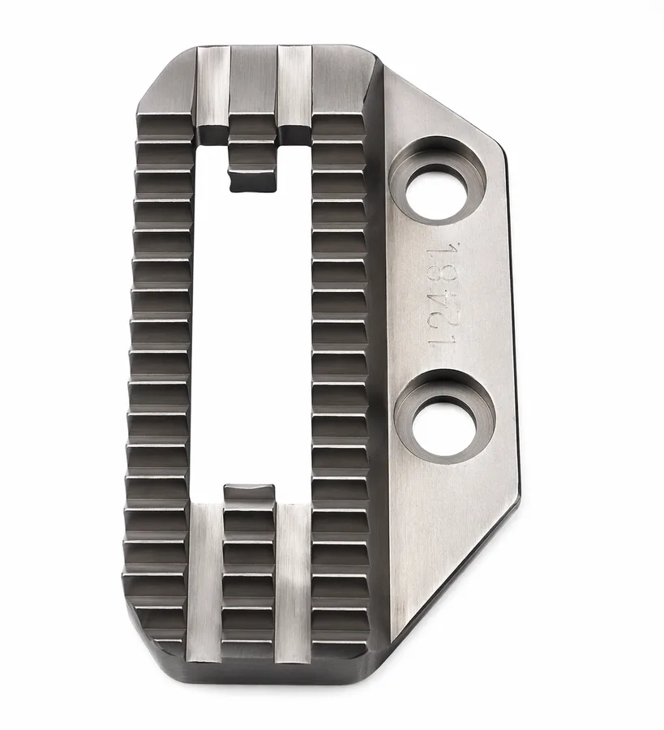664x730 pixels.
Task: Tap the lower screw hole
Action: [445, 428]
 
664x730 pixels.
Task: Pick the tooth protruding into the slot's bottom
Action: [248, 495]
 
